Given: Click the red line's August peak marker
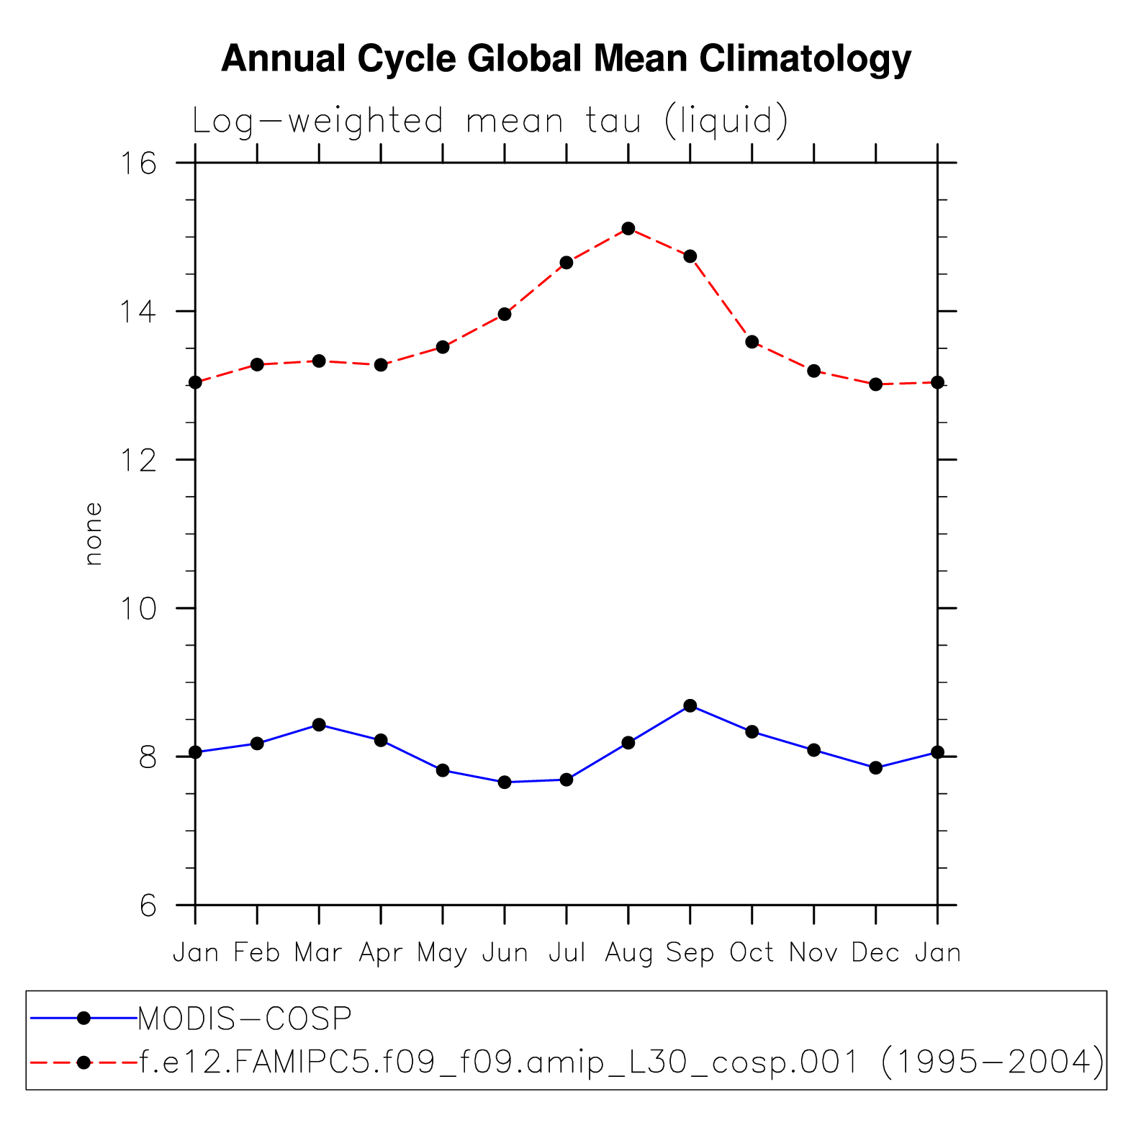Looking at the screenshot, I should (x=628, y=228).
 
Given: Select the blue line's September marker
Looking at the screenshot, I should (x=690, y=705).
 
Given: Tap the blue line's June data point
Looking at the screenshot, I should (x=505, y=782).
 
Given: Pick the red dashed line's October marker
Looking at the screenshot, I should (x=752, y=342).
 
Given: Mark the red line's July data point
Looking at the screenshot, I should (x=566, y=263).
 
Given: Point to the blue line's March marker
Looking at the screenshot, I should (x=319, y=724).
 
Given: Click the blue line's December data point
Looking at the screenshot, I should (x=876, y=767).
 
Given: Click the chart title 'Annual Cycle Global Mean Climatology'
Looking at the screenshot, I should (x=566, y=58).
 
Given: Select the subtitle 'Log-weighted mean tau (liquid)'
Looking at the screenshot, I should (x=490, y=121).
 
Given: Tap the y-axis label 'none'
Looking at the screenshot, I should (x=94, y=533).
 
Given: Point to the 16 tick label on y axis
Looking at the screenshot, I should (x=137, y=163).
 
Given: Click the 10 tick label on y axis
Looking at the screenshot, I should (x=137, y=608).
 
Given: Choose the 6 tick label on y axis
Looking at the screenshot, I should (x=148, y=906).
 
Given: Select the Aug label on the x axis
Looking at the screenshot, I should (x=628, y=953).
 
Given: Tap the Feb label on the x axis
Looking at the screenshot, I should (x=257, y=953).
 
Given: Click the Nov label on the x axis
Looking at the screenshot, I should (x=813, y=953).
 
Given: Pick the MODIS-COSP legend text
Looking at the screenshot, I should (x=245, y=1019).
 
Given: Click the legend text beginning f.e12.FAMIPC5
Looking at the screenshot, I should (x=620, y=1062).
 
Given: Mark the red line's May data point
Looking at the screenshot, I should (x=443, y=347).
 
